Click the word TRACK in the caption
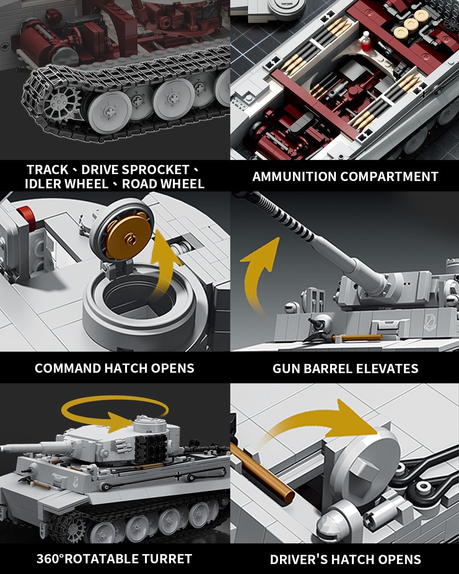[47, 170]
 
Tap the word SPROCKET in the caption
[156, 170]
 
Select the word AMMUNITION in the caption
[294, 176]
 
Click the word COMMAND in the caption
[68, 368]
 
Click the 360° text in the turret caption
[50, 559]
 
